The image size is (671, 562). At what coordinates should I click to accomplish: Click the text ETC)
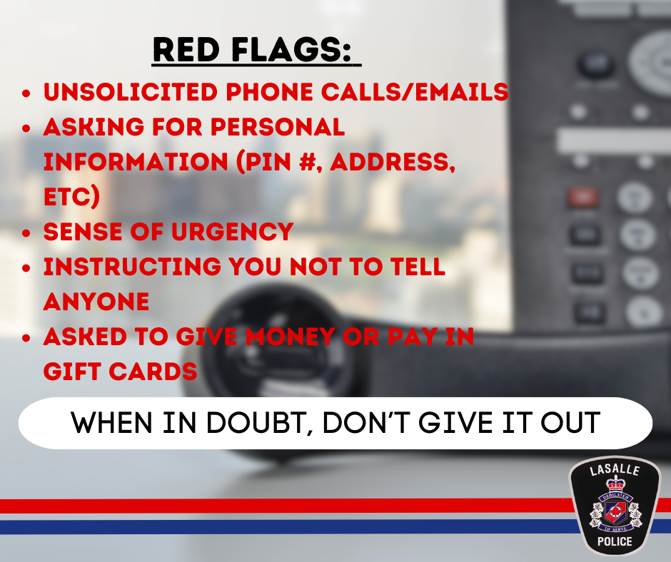71,196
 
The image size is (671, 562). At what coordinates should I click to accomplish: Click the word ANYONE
96,301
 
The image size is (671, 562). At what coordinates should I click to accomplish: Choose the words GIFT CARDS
120,371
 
